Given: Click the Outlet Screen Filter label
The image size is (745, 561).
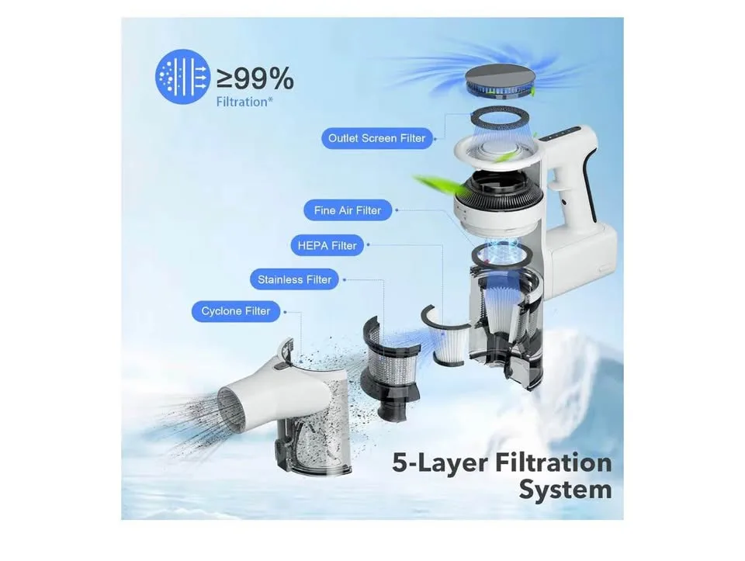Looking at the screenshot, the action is tap(377, 138).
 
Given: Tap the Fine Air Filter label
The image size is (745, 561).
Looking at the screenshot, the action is tap(348, 210).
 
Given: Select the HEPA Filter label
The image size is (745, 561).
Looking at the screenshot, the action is tap(327, 246).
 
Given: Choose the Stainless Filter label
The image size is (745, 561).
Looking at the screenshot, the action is tap(294, 280).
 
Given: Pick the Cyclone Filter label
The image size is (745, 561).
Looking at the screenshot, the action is tap(236, 312).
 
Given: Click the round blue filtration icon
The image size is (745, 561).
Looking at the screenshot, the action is tap(182, 77).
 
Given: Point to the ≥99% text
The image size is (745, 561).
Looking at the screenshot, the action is tap(255, 79).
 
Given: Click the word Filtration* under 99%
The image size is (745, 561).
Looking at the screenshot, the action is tap(244, 102).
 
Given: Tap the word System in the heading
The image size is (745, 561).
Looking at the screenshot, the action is tap(566, 490).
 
